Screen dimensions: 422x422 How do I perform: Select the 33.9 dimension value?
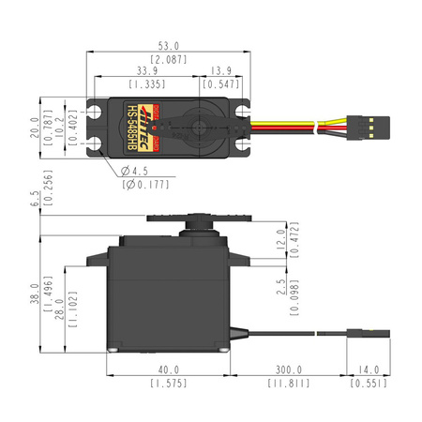(146, 69)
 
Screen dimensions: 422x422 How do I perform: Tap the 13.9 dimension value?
(222, 69)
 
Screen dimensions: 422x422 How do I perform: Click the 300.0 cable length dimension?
(288, 369)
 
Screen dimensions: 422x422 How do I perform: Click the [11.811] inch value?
(288, 384)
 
